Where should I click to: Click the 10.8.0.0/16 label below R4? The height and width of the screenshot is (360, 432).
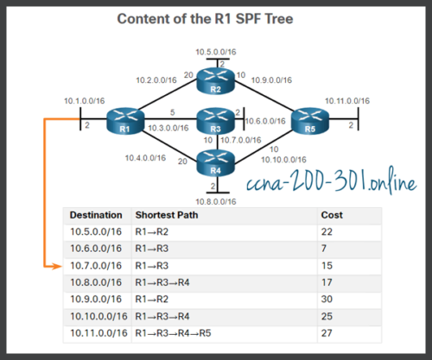pyautogui.click(x=216, y=200)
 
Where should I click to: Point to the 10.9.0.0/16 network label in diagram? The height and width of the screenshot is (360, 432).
pyautogui.click(x=271, y=80)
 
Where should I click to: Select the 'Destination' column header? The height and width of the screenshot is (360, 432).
pyautogui.click(x=95, y=213)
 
